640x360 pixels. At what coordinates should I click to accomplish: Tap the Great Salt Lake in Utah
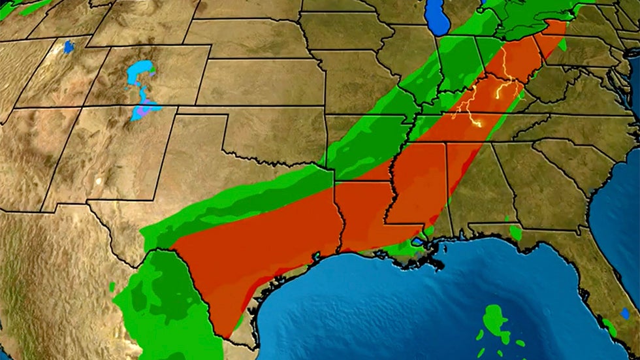point(69,46)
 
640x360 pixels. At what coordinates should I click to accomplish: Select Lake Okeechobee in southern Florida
point(626,313)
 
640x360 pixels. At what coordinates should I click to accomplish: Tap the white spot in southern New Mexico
point(99,181)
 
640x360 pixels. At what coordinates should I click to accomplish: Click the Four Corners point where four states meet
point(82,108)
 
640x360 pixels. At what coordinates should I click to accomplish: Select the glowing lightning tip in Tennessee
point(477,123)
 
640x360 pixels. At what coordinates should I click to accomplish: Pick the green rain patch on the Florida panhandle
point(516,233)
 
